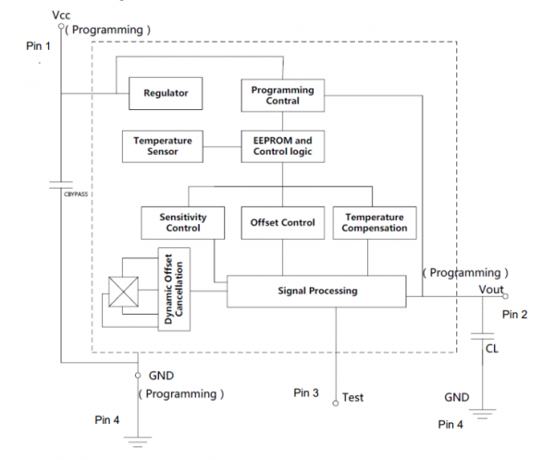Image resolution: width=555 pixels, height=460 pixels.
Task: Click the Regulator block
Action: (166, 93)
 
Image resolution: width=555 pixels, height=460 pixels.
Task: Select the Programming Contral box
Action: (283, 94)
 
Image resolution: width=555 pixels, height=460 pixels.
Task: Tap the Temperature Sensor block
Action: (163, 145)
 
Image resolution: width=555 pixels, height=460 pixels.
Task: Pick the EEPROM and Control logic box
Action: (283, 145)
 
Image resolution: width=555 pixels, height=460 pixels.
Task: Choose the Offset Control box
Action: (283, 222)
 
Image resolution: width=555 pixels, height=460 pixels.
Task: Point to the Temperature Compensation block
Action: (374, 222)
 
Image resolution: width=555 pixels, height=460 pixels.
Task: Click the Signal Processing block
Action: (316, 291)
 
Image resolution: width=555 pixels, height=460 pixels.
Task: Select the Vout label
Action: (491, 289)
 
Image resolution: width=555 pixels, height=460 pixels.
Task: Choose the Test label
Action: (352, 397)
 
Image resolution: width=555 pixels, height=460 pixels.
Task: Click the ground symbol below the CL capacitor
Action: (483, 409)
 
